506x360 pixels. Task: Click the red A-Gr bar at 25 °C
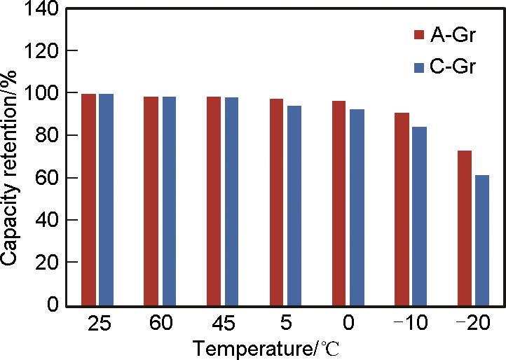tap(88, 200)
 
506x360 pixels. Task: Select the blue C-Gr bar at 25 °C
tap(106, 200)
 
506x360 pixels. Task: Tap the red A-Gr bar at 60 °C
tap(151, 201)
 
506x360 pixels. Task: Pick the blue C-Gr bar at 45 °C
tap(231, 202)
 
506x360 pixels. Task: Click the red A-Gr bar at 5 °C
tap(276, 202)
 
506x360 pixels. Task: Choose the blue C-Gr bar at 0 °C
tap(357, 207)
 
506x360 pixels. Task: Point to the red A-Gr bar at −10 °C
tap(402, 209)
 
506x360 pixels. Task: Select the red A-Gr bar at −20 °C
tap(464, 228)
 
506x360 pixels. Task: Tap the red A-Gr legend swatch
tap(420, 35)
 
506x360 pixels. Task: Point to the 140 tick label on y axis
tap(42, 8)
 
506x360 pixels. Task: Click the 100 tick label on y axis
tap(42, 93)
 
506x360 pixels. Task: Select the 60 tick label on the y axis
tap(47, 178)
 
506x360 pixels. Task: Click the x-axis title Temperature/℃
tap(267, 347)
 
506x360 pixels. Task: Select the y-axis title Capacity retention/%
tap(10, 157)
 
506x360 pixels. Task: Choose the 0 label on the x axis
tap(348, 324)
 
